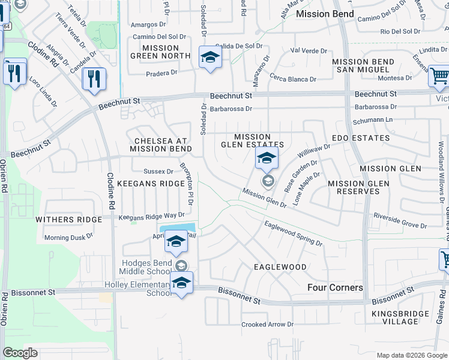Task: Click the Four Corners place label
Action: tap(335, 287)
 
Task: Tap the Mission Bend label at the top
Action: tap(321, 13)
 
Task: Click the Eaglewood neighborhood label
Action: tap(280, 266)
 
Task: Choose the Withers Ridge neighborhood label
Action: tap(69, 220)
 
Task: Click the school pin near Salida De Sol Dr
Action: tap(210, 58)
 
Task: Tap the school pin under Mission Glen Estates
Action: tap(267, 158)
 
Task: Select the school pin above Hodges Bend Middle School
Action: tap(176, 241)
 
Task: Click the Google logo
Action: tap(20, 353)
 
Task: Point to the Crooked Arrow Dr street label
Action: tap(268, 325)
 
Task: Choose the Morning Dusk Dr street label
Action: tap(69, 238)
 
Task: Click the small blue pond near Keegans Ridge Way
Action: tap(178, 227)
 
